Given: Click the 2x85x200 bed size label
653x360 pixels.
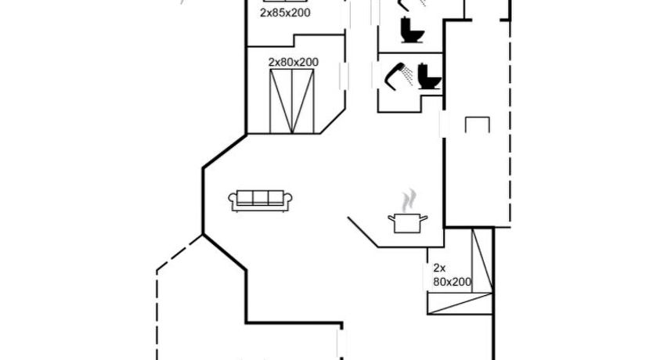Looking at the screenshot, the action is (285, 13).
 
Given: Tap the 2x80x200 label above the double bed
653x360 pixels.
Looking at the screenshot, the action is (294, 63).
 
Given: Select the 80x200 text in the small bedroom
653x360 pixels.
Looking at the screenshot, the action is (452, 283).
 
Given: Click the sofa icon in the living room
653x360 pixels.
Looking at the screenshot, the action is (260, 201).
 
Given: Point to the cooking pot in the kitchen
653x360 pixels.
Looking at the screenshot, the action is (408, 224).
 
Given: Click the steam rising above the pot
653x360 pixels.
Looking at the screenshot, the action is (409, 200).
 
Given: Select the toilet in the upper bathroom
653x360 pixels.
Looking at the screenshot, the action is (412, 30).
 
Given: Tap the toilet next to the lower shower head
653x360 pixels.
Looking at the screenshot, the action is (429, 76).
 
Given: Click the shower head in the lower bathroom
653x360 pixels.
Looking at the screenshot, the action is (394, 75).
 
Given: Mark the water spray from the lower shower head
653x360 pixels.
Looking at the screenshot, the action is (408, 75).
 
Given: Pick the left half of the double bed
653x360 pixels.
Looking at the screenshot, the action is (281, 102).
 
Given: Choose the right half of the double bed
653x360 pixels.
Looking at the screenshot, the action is (303, 102).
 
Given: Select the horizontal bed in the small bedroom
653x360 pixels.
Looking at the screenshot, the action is (460, 304).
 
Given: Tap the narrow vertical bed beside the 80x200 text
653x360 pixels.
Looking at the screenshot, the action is (482, 260).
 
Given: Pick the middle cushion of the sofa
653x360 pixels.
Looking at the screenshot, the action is (260, 198).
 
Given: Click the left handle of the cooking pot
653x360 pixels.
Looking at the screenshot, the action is (391, 218).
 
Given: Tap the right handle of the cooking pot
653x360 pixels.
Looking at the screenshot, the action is (424, 218).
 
